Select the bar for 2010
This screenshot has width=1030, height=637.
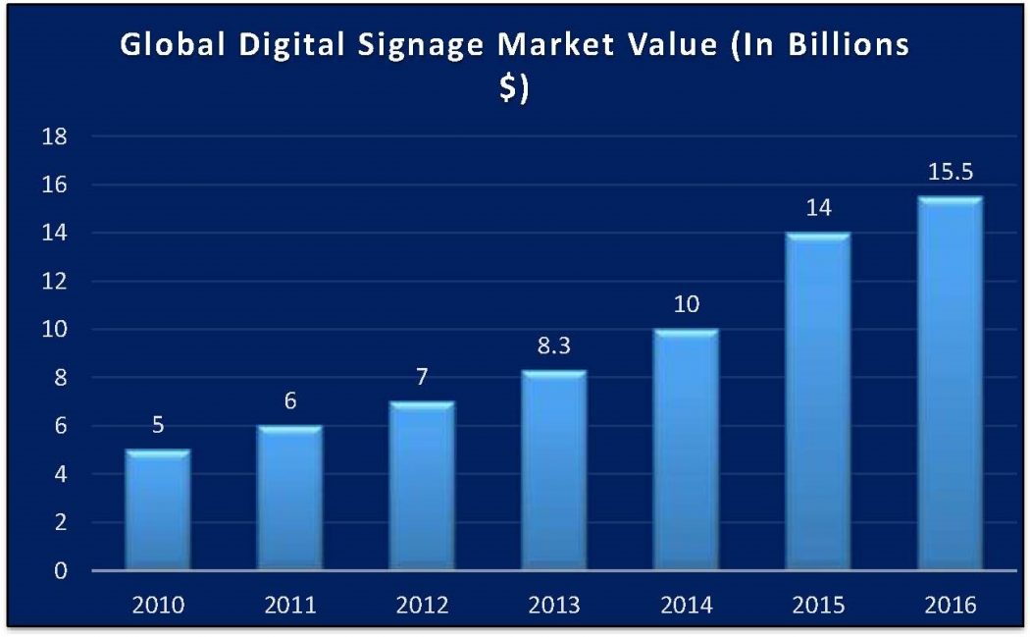(x=158, y=509)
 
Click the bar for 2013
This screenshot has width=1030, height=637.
(x=553, y=470)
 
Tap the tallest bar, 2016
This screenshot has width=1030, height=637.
(x=949, y=384)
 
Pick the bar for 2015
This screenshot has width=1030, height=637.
(x=817, y=401)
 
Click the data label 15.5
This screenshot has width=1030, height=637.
(x=949, y=173)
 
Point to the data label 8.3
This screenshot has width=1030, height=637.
(x=553, y=346)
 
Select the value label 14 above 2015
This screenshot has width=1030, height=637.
(x=817, y=209)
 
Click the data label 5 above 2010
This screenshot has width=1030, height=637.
(x=158, y=426)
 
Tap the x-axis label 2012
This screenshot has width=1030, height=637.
(x=422, y=605)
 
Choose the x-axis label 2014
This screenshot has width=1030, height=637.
(x=686, y=605)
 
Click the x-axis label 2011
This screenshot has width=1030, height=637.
(x=290, y=605)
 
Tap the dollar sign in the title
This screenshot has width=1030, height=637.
(x=509, y=88)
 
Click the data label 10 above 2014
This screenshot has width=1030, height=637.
(x=686, y=305)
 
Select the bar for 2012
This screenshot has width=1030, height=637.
(x=422, y=486)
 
